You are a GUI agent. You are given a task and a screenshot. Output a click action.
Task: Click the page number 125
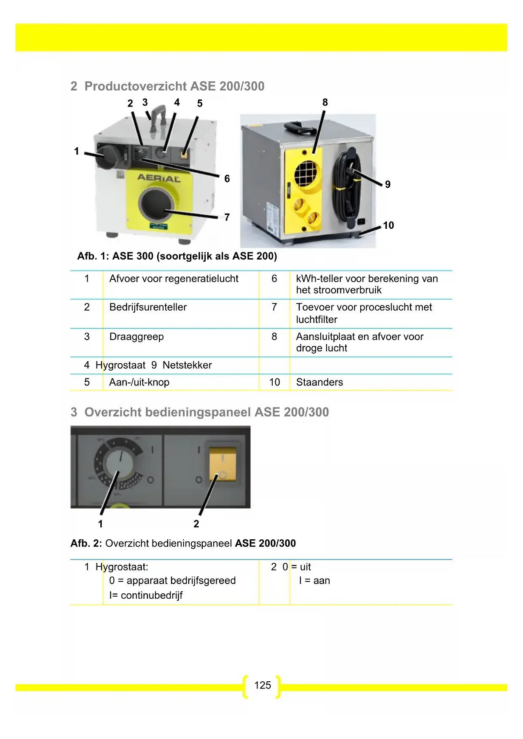pyautogui.click(x=263, y=685)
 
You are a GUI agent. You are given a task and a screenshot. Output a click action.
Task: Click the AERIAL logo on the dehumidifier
pyautogui.click(x=159, y=178)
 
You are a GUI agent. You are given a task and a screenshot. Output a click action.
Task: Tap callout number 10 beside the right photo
pyautogui.click(x=388, y=225)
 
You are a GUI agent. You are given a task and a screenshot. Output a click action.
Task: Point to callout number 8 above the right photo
pyautogui.click(x=325, y=102)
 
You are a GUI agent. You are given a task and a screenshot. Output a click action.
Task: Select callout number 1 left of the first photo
pyautogui.click(x=76, y=151)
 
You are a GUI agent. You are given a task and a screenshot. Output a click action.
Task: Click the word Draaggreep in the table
pyautogui.click(x=137, y=337)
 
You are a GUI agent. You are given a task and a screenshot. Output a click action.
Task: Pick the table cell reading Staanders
pyautogui.click(x=319, y=382)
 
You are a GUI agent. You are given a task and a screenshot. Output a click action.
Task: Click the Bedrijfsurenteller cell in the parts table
pyautogui.click(x=148, y=307)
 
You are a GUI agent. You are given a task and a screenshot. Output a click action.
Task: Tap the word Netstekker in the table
pyautogui.click(x=187, y=365)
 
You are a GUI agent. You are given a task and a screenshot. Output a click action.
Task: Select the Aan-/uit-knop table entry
pyautogui.click(x=139, y=382)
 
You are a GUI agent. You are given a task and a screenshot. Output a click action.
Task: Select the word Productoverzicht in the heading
pyautogui.click(x=136, y=86)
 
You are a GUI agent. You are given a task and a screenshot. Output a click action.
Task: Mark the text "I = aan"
pyautogui.click(x=314, y=581)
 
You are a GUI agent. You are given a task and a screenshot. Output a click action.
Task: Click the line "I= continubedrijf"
pyautogui.click(x=146, y=595)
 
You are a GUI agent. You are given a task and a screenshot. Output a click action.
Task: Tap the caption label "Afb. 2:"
pyautogui.click(x=86, y=543)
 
